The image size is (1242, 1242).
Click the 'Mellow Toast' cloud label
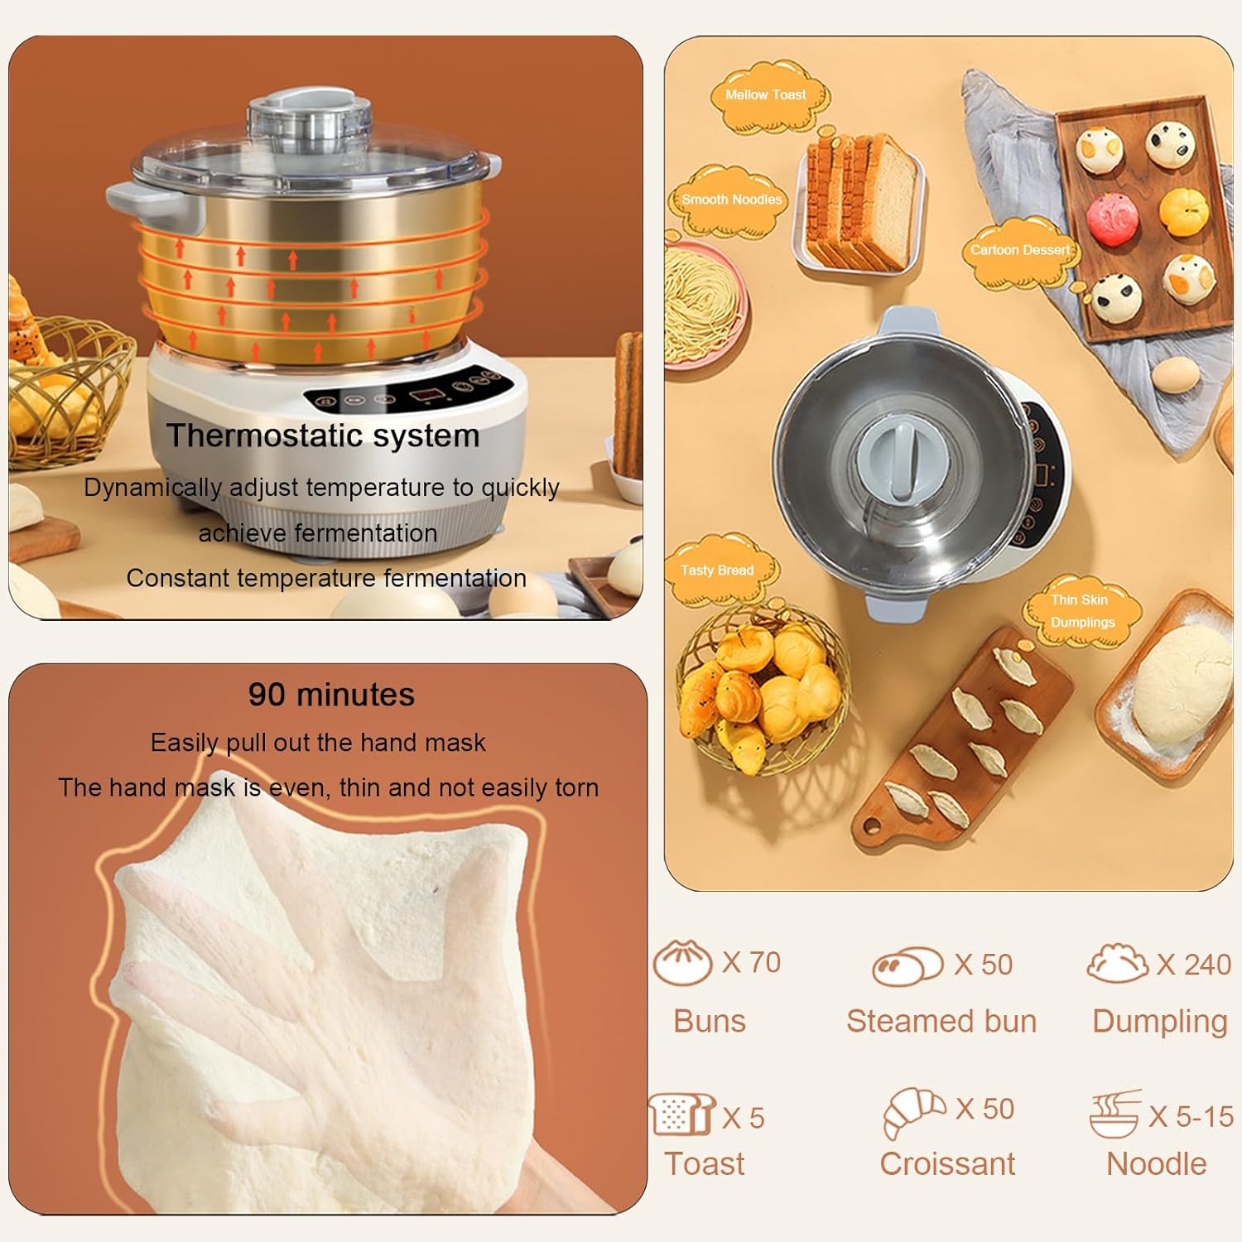[x=766, y=95]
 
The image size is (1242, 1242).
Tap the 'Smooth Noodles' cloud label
[x=731, y=200]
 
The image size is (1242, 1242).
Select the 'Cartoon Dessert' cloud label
[x=1020, y=250]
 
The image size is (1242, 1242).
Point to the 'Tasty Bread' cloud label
[x=717, y=570]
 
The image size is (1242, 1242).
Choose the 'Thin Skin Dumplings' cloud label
[x=1082, y=611]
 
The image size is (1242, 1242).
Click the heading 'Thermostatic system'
[x=323, y=436]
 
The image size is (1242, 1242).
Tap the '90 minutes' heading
[x=331, y=694]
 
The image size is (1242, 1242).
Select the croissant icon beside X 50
[x=913, y=1112]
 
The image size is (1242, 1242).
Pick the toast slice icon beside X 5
[x=681, y=1114]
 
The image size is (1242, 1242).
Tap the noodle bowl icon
[x=1114, y=1114]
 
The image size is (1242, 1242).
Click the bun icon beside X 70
[x=682, y=963]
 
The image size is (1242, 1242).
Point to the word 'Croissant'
[x=947, y=1164]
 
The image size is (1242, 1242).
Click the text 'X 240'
[x=1194, y=965]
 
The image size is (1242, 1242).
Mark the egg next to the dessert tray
[x=1176, y=375]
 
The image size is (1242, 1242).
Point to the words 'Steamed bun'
[x=941, y=1022]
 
